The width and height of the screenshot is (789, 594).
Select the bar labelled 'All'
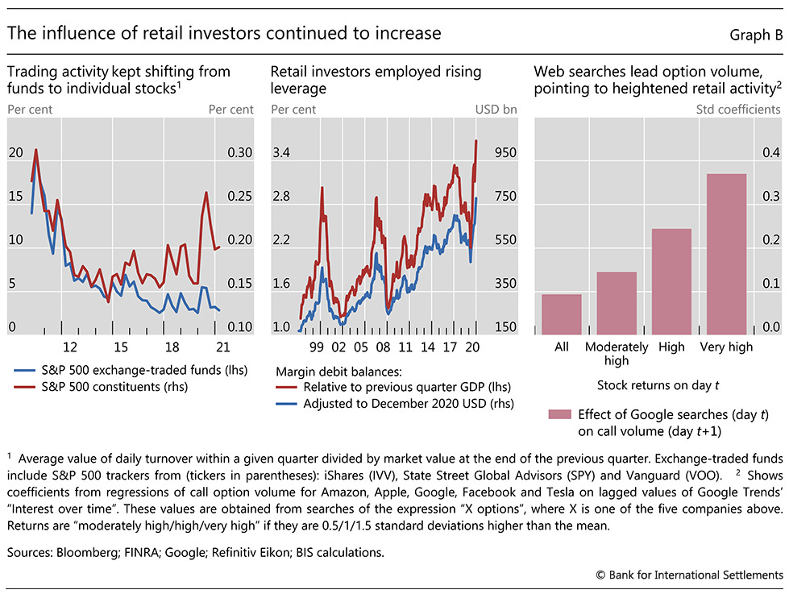(562, 314)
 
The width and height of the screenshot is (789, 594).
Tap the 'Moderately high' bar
(617, 303)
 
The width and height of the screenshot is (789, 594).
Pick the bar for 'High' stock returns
(671, 281)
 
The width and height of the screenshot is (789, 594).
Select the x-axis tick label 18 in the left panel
(171, 347)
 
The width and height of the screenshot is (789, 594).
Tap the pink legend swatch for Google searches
(559, 414)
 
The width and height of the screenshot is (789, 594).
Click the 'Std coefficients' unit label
(739, 109)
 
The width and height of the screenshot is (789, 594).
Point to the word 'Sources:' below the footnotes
(31, 551)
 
